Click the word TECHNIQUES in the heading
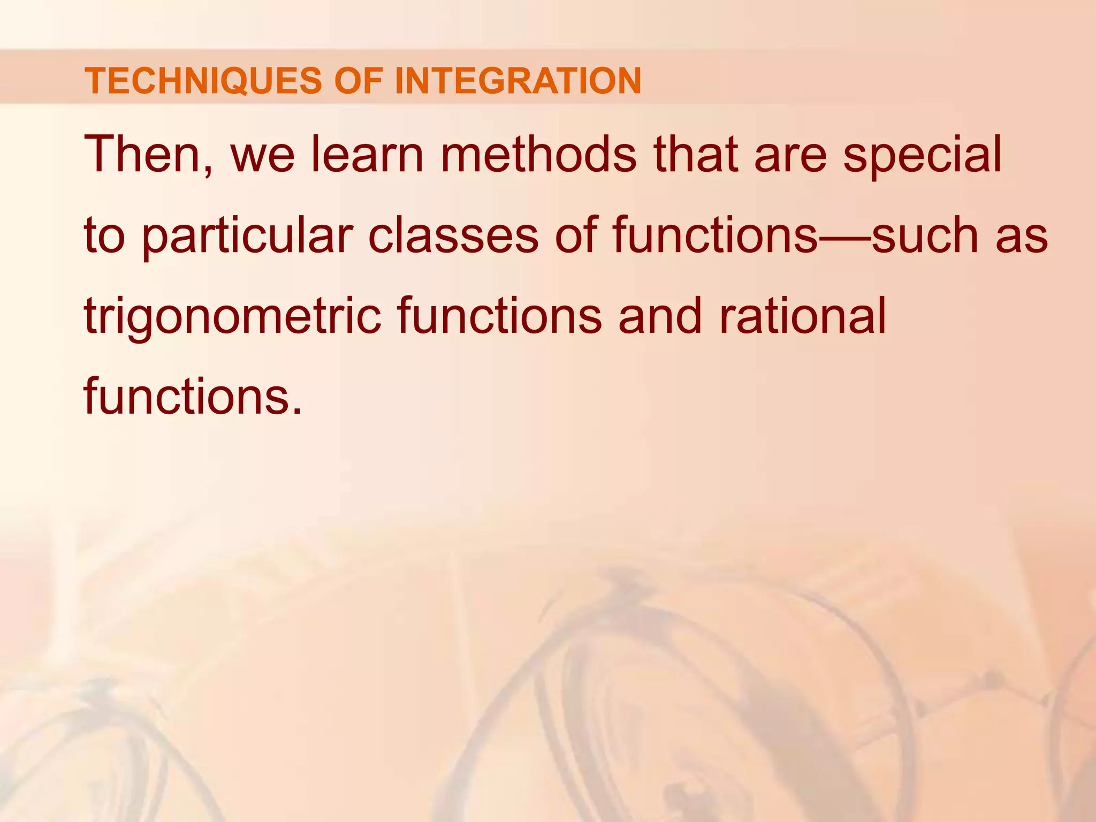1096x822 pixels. coord(202,81)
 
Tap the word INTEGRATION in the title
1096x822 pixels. coord(517,81)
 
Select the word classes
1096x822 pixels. coord(453,235)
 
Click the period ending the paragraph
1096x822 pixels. coord(296,411)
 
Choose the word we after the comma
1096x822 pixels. coord(262,155)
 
